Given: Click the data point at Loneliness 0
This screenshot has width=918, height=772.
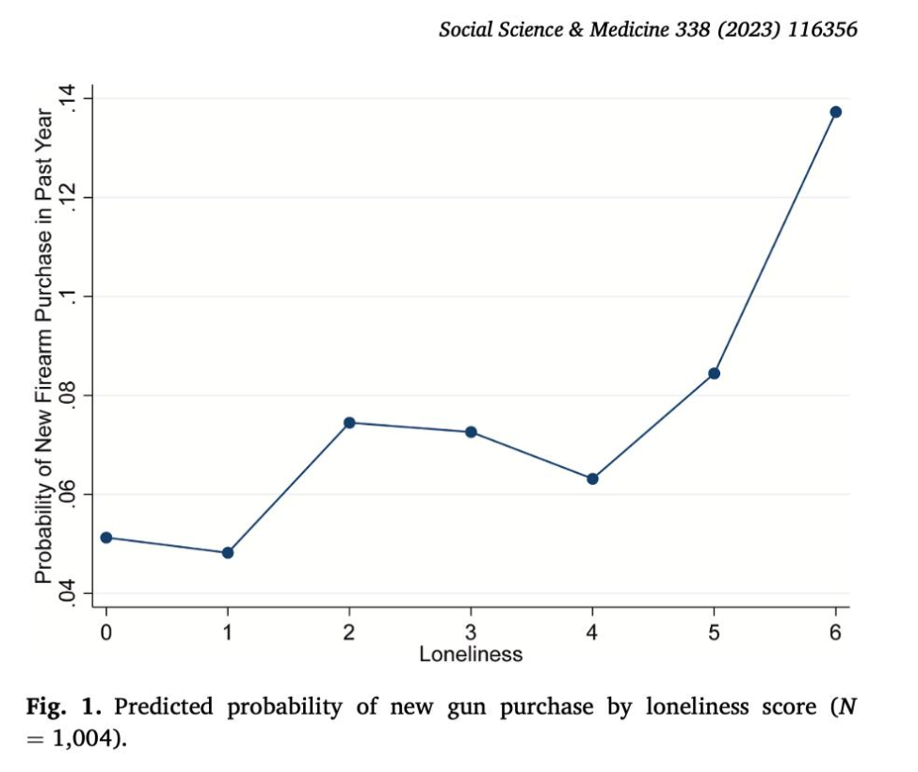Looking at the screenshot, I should tap(105, 538).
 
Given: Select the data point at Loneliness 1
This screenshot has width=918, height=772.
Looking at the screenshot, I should tap(228, 553).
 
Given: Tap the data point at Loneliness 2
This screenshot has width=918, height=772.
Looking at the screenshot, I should tap(349, 423).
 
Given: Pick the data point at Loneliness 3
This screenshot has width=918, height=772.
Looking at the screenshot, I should tap(471, 432).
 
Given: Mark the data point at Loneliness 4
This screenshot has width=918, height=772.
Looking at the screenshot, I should tap(592, 479).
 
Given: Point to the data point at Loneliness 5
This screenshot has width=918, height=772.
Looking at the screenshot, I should tap(714, 374).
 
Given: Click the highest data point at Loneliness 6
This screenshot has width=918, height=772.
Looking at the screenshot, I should tap(835, 112).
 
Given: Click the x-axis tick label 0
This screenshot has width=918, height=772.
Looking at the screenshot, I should tap(105, 633).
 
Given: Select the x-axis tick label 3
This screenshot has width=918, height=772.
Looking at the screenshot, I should tap(471, 633).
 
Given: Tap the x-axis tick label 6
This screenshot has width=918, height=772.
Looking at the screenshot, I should tap(835, 633).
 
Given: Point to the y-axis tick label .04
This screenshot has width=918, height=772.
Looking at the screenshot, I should tap(68, 593).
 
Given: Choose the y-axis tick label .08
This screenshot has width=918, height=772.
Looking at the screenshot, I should tap(68, 395).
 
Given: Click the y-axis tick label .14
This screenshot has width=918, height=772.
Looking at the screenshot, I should tap(68, 99).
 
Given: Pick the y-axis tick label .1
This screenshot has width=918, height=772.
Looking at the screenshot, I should tap(68, 297).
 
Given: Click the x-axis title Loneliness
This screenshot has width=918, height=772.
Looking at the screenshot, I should tap(471, 653).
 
